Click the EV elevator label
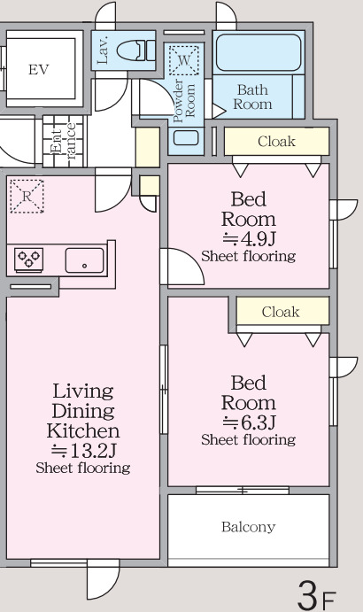point(39,70)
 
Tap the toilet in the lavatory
point(135,50)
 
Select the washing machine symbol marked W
point(184,60)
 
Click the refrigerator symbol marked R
point(27,196)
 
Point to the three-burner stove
point(29,260)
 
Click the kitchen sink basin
point(85,260)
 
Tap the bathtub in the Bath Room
point(259,52)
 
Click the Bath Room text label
point(252,97)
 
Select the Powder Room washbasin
point(186,138)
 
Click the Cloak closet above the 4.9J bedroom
point(277,142)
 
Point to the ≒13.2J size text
point(83,451)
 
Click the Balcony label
point(248,527)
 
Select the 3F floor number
point(316,595)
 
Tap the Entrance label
point(63,142)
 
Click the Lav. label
point(104,50)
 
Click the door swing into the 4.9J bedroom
point(181,267)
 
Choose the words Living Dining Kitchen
point(83,411)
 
